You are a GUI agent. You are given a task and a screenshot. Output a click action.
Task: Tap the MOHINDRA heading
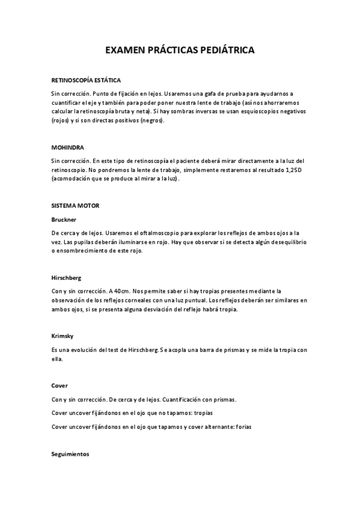[x=67, y=147]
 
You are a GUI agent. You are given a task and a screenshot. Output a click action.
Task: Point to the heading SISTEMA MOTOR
[x=76, y=205]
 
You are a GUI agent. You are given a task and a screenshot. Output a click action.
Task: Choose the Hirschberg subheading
[x=67, y=278]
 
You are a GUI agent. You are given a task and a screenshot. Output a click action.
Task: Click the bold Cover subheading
[x=60, y=385]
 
